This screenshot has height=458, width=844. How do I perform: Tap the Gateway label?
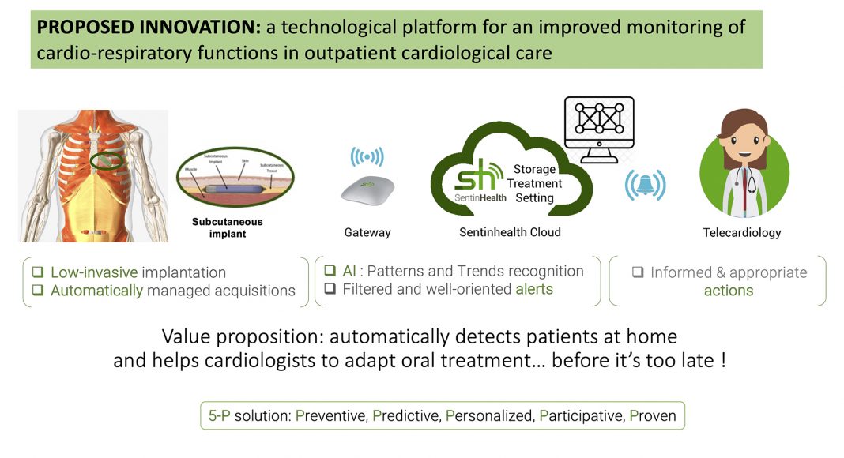coord(367,232)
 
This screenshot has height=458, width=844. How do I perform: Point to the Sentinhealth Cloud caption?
coord(510,232)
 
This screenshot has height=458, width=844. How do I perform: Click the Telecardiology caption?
coord(741,232)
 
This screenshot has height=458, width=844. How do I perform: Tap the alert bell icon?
coord(645,185)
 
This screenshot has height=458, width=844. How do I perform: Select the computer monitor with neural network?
coord(598,126)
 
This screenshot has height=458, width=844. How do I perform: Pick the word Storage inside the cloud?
coord(534,169)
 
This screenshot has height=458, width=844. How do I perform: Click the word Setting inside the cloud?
coord(534,197)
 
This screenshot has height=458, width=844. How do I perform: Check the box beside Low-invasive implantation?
coord(38,272)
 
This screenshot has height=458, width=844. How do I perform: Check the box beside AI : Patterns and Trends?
coord(330,271)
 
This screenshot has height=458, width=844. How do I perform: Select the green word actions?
coord(728,291)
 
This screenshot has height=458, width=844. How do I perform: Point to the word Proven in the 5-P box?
coord(653,415)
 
